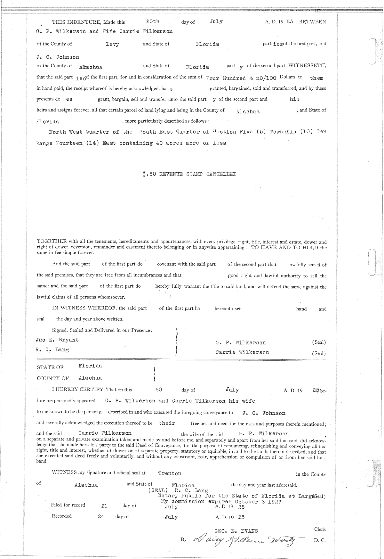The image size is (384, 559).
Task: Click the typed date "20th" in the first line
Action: [x=153, y=21]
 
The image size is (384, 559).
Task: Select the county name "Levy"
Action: [x=112, y=44]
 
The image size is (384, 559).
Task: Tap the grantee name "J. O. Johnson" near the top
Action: [x=58, y=57]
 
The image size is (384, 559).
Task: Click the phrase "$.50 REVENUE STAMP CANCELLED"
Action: [x=189, y=174]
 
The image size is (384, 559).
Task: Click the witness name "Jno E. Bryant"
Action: [x=57, y=340]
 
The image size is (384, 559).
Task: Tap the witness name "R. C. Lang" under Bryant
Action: [x=52, y=349]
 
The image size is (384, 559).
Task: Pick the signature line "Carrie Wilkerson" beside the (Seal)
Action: [x=242, y=352]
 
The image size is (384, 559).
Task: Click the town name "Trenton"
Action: [x=170, y=473]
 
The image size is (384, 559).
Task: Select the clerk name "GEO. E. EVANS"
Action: [x=236, y=531]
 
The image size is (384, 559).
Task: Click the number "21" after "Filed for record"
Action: [x=104, y=506]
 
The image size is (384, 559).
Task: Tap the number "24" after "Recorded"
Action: [x=101, y=517]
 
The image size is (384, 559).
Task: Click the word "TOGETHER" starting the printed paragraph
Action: [x=52, y=242]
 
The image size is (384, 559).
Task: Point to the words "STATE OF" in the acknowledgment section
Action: [x=50, y=367]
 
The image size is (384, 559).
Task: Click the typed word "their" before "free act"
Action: [x=167, y=423]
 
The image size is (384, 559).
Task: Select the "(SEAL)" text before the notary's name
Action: [x=157, y=490]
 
